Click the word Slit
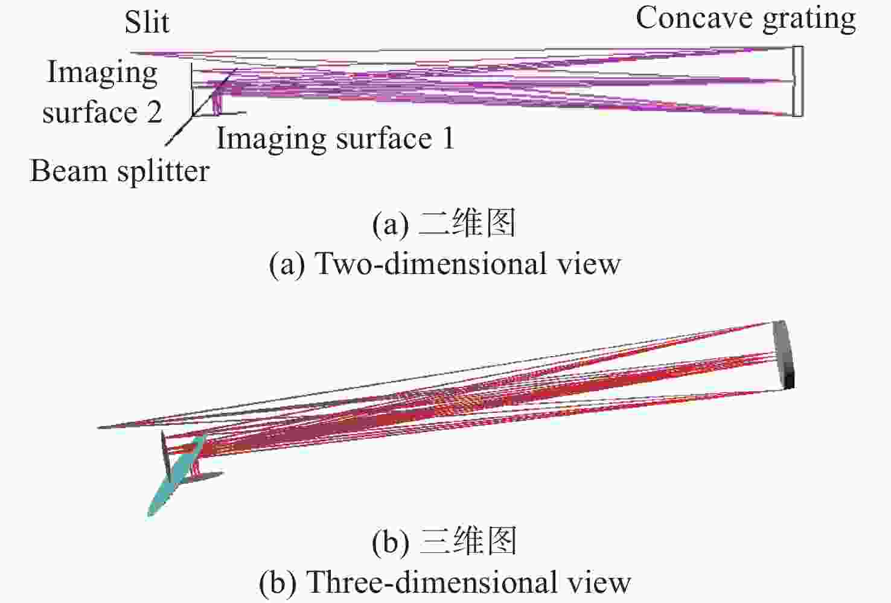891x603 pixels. (x=147, y=22)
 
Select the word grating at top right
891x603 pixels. (x=809, y=20)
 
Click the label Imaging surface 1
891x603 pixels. (x=335, y=138)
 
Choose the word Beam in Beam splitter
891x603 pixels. (x=68, y=171)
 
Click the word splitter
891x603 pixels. (x=164, y=172)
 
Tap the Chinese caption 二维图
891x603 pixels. (x=468, y=223)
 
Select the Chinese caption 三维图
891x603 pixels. (x=468, y=541)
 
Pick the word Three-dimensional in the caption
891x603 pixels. (x=432, y=581)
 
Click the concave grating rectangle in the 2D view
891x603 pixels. (x=797, y=81)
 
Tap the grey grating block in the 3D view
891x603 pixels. (x=784, y=354)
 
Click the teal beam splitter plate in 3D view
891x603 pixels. (x=177, y=475)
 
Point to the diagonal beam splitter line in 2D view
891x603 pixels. (x=201, y=107)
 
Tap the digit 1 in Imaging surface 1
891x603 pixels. (x=449, y=138)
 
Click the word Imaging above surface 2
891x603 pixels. (x=102, y=73)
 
